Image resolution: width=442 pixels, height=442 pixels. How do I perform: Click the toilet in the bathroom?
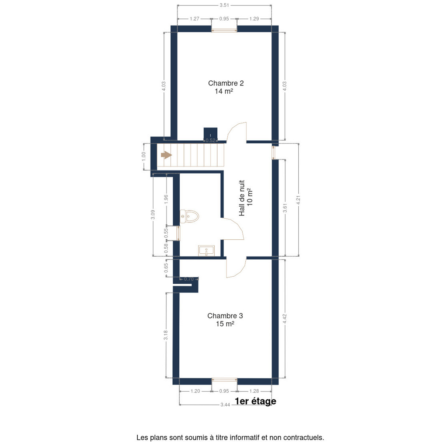point(189,216)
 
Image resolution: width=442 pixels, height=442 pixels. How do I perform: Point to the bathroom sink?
point(206,251)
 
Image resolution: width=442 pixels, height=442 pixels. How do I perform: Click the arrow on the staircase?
point(166,155)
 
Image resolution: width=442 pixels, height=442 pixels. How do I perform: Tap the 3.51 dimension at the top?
point(224,5)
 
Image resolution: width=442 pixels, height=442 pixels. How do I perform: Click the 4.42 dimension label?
point(285,319)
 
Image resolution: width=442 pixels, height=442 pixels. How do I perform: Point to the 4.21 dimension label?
point(298,200)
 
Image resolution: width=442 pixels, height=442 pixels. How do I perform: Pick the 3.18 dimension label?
point(166,335)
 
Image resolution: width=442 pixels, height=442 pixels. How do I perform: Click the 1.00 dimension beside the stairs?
point(144,157)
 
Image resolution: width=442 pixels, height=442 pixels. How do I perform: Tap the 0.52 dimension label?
point(210,140)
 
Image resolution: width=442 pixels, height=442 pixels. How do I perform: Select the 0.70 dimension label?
point(189,279)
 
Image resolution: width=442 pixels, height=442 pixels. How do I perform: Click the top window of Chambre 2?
point(224,30)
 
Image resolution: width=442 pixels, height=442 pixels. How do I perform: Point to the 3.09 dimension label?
point(153,214)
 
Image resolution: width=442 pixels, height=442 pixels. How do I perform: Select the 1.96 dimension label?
point(166,199)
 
